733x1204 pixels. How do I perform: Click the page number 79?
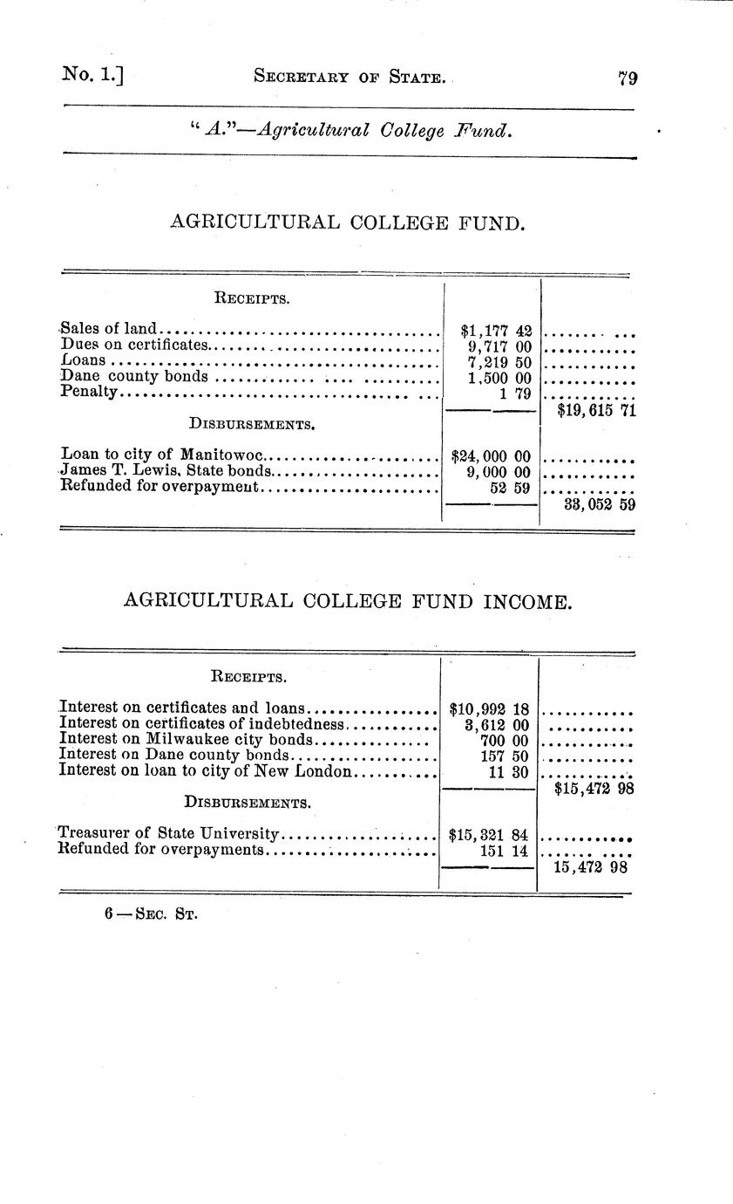pyautogui.click(x=628, y=78)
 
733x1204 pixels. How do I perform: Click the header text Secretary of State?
pyautogui.click(x=350, y=78)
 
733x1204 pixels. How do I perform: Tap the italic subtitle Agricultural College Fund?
pyautogui.click(x=350, y=131)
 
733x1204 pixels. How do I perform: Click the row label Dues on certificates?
pyautogui.click(x=136, y=345)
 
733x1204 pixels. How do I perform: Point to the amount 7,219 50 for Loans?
pyautogui.click(x=499, y=361)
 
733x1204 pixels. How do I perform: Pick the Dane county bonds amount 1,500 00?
pyautogui.click(x=499, y=377)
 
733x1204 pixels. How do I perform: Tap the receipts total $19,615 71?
pyautogui.click(x=596, y=410)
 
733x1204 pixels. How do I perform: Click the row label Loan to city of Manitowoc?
pyautogui.click(x=162, y=455)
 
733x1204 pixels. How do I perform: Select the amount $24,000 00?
pyautogui.click(x=491, y=455)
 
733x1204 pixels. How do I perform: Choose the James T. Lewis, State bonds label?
pyautogui.click(x=160, y=471)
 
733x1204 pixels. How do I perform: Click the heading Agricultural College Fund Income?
pyautogui.click(x=348, y=602)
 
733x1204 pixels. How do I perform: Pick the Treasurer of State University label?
pyautogui.click(x=168, y=833)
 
